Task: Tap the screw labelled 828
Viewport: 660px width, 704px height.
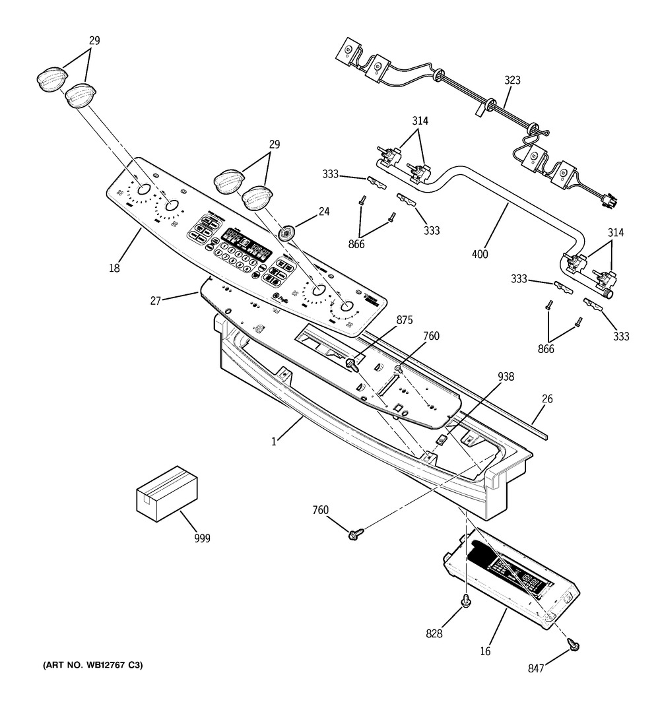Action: tap(466, 601)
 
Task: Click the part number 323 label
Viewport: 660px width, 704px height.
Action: tap(512, 80)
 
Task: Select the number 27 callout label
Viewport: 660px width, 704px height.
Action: tap(156, 301)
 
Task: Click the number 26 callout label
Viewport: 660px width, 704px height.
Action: tap(547, 399)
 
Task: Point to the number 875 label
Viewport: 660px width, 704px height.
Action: tap(404, 321)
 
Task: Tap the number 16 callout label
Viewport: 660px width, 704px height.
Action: tap(485, 652)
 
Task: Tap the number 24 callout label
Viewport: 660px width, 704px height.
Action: tap(323, 212)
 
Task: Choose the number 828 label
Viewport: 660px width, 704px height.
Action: tap(434, 634)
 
